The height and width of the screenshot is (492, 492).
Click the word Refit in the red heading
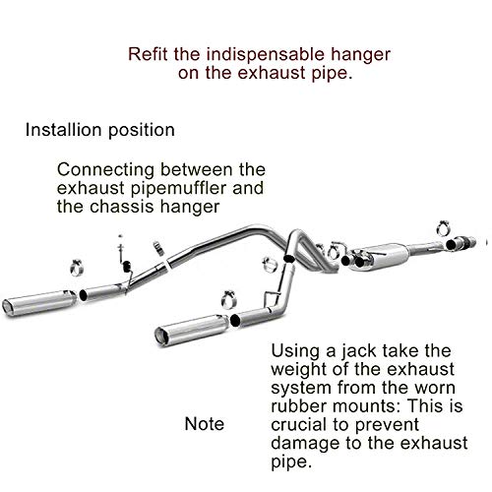(x=148, y=54)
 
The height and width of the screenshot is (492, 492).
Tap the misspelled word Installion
(x=64, y=130)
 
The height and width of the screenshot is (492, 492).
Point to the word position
(x=142, y=131)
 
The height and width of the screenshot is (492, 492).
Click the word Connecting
(x=105, y=170)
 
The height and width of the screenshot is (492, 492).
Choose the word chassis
(x=122, y=207)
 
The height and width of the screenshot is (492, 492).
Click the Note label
(x=205, y=424)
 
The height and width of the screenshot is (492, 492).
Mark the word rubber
(x=299, y=406)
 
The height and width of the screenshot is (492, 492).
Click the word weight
(x=298, y=370)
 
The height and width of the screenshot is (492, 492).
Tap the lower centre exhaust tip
(x=192, y=330)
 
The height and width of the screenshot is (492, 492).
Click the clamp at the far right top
(x=443, y=227)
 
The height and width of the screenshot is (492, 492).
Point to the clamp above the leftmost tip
(x=77, y=267)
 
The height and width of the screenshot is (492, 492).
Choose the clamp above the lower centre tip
(x=229, y=299)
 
